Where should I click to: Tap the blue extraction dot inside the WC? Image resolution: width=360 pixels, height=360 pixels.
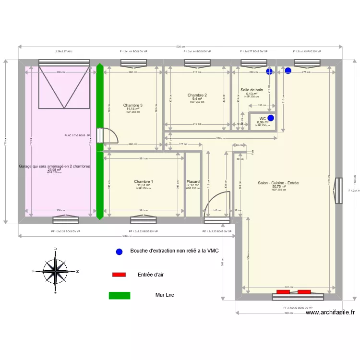[271, 118]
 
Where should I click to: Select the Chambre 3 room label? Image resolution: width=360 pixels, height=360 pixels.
[132, 105]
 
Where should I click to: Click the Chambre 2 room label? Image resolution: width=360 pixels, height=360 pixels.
[197, 95]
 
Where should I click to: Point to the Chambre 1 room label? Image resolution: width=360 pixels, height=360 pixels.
[144, 181]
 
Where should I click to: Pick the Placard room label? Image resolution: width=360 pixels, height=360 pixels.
[193, 181]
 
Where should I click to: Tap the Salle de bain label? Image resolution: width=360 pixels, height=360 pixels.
[252, 90]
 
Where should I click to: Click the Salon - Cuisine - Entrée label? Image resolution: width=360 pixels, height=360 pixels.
[278, 183]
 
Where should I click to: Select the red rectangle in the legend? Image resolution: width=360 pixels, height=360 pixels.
[119, 275]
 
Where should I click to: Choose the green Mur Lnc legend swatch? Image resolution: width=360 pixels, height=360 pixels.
[120, 296]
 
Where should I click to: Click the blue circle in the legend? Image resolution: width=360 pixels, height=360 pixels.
[119, 251]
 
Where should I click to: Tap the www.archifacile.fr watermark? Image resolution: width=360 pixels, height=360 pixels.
[330, 312]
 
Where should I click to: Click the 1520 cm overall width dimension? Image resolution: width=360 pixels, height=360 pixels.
[180, 47]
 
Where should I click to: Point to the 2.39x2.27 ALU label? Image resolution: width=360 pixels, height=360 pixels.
[64, 51]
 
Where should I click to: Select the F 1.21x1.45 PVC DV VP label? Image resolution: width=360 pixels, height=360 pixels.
[307, 51]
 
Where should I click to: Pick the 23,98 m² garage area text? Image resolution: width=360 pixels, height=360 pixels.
[54, 169]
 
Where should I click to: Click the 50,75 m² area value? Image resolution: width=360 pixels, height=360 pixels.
[278, 187]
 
